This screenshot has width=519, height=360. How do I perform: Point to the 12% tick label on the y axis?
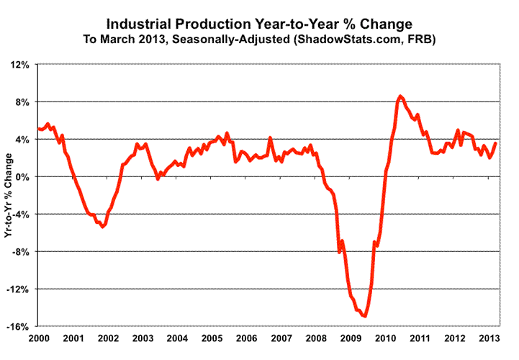(x=19, y=64)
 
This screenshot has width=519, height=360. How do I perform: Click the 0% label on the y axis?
(x=22, y=176)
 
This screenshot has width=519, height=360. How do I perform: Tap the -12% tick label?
(x=18, y=289)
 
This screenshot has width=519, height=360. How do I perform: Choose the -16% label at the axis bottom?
(x=18, y=326)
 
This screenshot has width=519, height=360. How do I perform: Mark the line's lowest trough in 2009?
(x=366, y=315)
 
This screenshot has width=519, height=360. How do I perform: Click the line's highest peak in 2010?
(x=401, y=96)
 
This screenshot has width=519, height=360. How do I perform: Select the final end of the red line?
(x=496, y=143)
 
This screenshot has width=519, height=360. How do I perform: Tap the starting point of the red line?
(x=37, y=129)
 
